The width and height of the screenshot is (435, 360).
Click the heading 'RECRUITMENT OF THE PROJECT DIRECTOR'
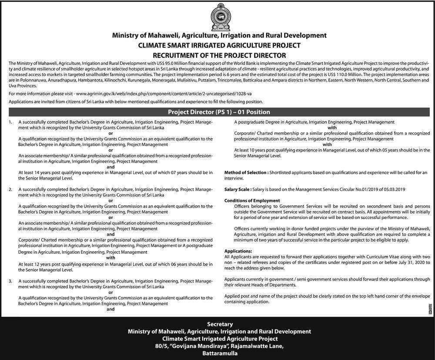coord(217,55)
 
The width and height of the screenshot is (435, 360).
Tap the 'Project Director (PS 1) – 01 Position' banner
coord(219,112)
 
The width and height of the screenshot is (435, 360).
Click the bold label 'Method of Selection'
coord(246,173)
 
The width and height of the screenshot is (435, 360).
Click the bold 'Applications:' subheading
coord(238,252)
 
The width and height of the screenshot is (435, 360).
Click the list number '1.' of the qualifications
coord(10,123)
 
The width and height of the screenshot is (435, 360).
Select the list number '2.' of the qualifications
coord(10,190)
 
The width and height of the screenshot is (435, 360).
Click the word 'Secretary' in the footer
coord(219,324)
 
